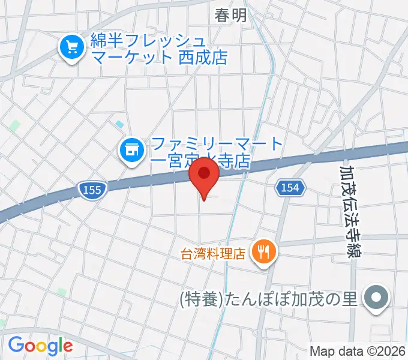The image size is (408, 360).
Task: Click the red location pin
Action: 204,175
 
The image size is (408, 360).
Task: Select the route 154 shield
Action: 291,188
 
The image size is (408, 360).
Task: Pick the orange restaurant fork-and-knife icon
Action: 263,251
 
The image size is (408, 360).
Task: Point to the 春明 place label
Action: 231,16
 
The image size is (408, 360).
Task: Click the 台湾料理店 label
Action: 214,253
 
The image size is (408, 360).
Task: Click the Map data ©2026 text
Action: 356,351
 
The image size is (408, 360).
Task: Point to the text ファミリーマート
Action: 217,144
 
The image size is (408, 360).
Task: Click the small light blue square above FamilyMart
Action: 120,124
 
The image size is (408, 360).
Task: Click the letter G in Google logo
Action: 16,345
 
